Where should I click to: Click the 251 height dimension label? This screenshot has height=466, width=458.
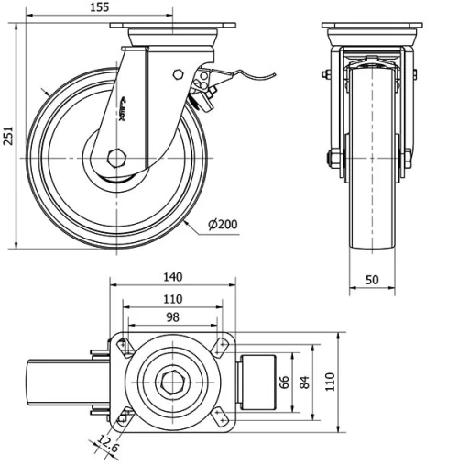pyautogui.click(x=8, y=137)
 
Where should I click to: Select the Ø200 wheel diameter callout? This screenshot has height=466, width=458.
pyautogui.click(x=224, y=224)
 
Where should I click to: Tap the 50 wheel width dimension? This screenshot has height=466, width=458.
pyautogui.click(x=373, y=280)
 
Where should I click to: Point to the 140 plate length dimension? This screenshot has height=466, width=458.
pyautogui.click(x=171, y=275)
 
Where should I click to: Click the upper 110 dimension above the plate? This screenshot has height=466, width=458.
pyautogui.click(x=171, y=298)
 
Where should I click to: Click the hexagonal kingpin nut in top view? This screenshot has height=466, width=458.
pyautogui.click(x=172, y=380)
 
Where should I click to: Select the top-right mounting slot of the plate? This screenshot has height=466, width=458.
pyautogui.click(x=219, y=346)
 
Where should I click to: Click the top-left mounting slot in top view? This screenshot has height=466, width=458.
pyautogui.click(x=125, y=346)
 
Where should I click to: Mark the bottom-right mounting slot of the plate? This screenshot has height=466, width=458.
pyautogui.click(x=219, y=415)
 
